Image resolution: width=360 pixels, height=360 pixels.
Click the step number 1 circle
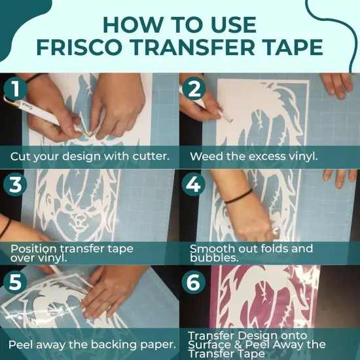[x=15, y=90]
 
